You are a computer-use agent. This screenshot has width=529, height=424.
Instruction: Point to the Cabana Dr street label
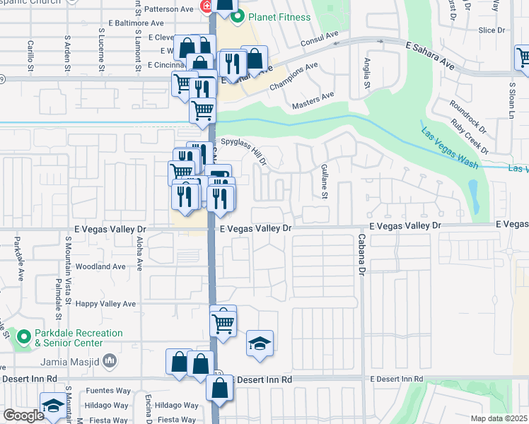click(361, 254)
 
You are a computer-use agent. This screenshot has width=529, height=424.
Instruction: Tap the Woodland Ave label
click(100, 266)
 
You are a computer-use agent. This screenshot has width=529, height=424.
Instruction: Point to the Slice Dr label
click(491, 30)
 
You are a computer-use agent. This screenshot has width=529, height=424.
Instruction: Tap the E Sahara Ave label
click(430, 54)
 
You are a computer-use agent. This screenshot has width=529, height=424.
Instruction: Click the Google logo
click(24, 415)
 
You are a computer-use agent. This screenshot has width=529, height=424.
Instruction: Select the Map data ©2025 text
click(499, 418)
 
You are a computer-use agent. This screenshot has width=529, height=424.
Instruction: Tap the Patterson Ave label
click(168, 10)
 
